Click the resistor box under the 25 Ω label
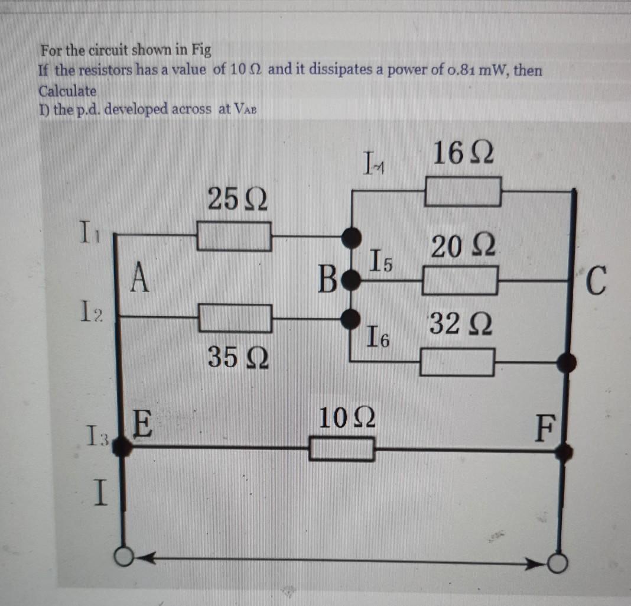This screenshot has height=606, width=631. pos(234,236)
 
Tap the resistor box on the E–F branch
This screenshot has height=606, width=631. pos(342,449)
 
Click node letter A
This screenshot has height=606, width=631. pos(138,277)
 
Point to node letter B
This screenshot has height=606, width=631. pos(328,276)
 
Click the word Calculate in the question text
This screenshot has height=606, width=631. pos(67,91)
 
